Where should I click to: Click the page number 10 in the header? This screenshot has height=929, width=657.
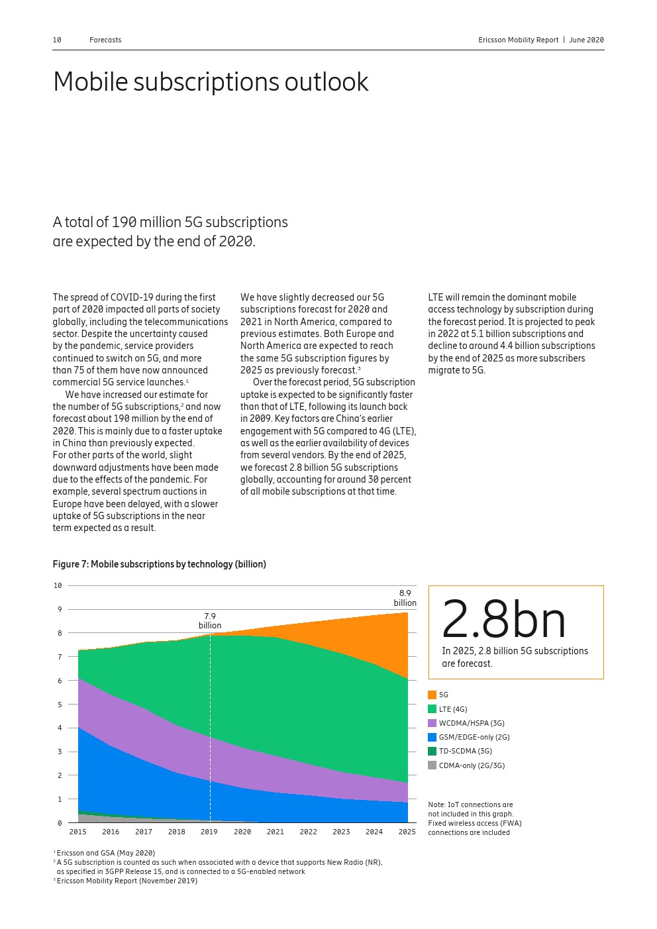pyautogui.click(x=57, y=40)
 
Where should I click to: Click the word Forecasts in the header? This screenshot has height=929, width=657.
pyautogui.click(x=105, y=40)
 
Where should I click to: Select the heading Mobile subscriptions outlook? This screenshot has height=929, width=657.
pyautogui.click(x=211, y=82)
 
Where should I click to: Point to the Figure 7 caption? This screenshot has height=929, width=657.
pyautogui.click(x=159, y=564)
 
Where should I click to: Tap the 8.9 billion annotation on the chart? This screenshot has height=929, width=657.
pyautogui.click(x=405, y=598)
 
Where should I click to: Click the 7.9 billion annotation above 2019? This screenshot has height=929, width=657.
pyautogui.click(x=210, y=621)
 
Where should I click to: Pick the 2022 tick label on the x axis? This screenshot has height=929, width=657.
pyautogui.click(x=308, y=832)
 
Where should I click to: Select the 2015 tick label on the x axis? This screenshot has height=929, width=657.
pyautogui.click(x=77, y=832)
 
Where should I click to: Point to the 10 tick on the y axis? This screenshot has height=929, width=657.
pyautogui.click(x=58, y=585)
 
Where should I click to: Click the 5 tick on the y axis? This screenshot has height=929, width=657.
pyautogui.click(x=60, y=705)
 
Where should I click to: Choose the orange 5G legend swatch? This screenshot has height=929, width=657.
pyautogui.click(x=432, y=695)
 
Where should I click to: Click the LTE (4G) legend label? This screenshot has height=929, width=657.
pyautogui.click(x=453, y=709)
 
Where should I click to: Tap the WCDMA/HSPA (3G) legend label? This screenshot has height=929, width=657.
pyautogui.click(x=472, y=723)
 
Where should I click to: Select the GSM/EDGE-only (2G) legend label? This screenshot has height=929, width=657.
pyautogui.click(x=474, y=737)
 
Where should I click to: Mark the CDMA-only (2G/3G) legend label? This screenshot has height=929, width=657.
pyautogui.click(x=472, y=765)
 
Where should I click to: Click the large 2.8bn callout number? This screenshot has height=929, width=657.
pyautogui.click(x=503, y=620)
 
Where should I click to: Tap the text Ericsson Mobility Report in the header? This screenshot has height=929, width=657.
pyautogui.click(x=519, y=40)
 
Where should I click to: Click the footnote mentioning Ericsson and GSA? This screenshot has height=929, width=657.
pyautogui.click(x=105, y=853)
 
